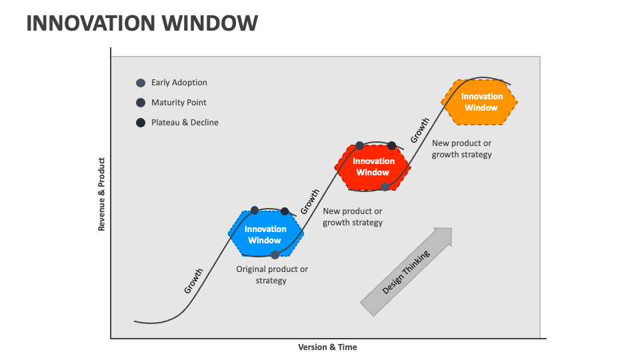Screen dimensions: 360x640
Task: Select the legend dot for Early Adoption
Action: coord(141,83)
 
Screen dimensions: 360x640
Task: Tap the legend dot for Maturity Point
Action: coord(141,103)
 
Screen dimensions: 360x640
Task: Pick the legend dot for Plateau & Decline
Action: coord(141,123)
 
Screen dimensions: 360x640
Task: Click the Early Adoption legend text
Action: coord(179,83)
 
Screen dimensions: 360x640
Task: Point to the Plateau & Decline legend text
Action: coord(185,123)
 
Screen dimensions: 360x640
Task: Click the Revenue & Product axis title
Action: coord(102,194)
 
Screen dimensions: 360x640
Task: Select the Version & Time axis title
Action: coord(327,347)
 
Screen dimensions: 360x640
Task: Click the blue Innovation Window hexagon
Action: coord(265,234)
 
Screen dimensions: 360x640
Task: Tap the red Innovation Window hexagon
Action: coord(373,167)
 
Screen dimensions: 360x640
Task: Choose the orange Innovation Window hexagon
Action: coord(480,102)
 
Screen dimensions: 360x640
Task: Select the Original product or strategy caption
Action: coord(272,275)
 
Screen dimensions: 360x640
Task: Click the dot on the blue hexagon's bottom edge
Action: coord(275,255)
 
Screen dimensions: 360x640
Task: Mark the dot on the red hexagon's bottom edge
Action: coord(385,187)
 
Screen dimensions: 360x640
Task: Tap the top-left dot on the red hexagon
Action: coord(360,145)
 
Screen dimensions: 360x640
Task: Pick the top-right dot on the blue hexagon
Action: coord(285,211)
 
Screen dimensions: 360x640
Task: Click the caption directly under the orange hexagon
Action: coord(461,149)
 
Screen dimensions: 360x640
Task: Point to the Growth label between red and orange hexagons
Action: coord(419,131)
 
